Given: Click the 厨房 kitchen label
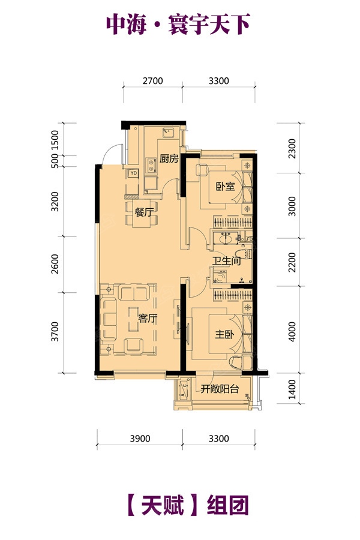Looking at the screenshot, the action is (x=169, y=159).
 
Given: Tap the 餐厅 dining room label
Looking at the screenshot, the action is (x=143, y=212).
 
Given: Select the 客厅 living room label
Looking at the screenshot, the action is (x=148, y=318).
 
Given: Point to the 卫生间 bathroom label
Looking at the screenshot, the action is (x=226, y=260).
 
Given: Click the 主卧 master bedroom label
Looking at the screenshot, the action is (x=224, y=334).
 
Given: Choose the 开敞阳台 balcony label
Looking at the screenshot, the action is (x=220, y=389).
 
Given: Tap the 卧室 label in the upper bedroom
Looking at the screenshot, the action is (x=225, y=187).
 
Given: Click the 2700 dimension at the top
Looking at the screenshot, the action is (x=152, y=81).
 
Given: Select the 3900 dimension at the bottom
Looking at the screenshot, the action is (x=140, y=439).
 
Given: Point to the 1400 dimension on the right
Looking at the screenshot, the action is (x=292, y=389).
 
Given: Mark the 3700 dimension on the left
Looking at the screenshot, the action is (x=55, y=332).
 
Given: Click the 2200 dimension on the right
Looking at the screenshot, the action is (x=292, y=262).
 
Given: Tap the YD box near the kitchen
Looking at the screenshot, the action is (x=133, y=173).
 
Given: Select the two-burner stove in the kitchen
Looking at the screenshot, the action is (x=151, y=165).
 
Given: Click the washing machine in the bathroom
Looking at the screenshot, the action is (x=219, y=276).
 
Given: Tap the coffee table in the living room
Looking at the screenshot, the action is (x=134, y=319).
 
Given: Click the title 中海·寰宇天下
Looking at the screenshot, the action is (x=178, y=24).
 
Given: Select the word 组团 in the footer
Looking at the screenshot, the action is (x=228, y=505).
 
